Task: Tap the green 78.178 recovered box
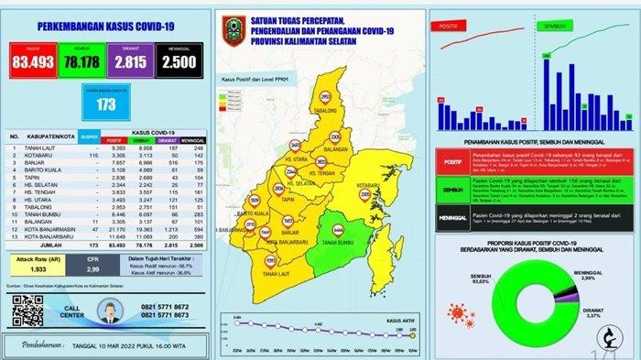pos(81,61)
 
